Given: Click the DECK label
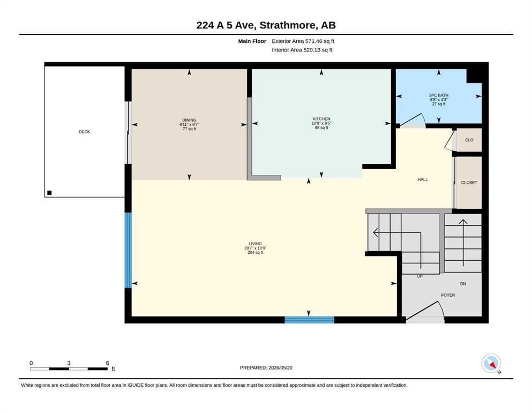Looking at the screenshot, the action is tap(85, 132).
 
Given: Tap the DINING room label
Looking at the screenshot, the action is tap(189, 120).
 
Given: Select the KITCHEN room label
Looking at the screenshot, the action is tap(321, 119).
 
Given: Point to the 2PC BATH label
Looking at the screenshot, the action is tap(439, 95).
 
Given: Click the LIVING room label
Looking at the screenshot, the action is tap(255, 244).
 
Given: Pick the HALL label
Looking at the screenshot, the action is tap(423, 179).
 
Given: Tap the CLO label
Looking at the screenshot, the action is tap(469, 140).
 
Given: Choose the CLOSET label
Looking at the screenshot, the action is tap(469, 183).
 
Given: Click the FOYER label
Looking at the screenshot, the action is tap(448, 295).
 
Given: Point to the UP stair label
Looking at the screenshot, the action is tap(419, 276).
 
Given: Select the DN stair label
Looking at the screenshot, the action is tap(463, 284).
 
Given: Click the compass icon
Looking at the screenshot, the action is tap(491, 363).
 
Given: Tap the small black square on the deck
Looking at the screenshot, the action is tap(49, 193).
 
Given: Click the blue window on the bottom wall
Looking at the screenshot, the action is tap(310, 320).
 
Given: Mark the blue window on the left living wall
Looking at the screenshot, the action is tap(128, 251).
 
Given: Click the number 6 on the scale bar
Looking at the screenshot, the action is tap(108, 363).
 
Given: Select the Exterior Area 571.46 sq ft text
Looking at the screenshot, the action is tap(303, 41).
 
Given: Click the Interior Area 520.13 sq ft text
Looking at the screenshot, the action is tap(302, 50).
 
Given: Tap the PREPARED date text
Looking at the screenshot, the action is tap(266, 368).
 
